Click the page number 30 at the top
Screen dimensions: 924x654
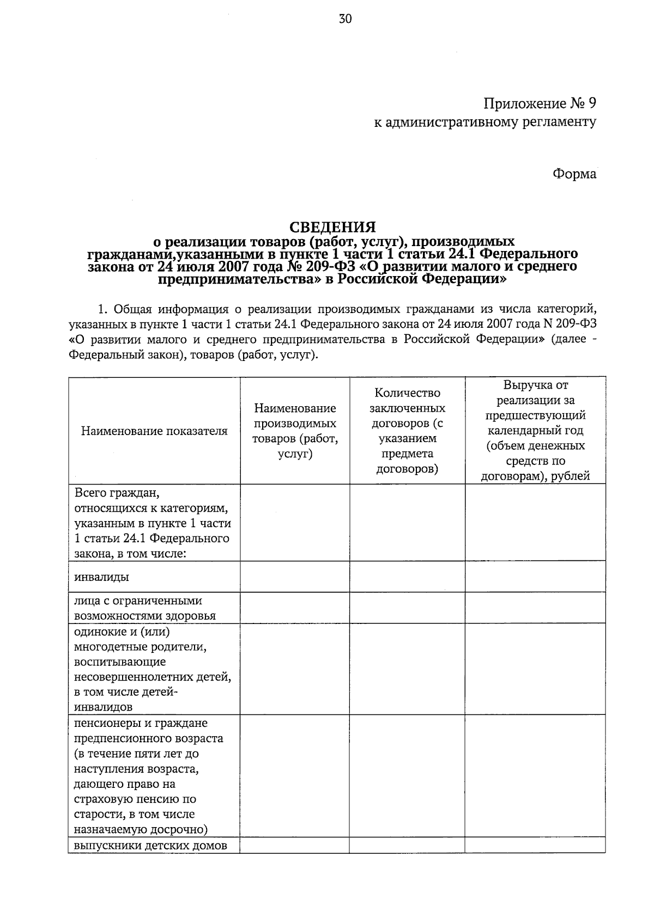tap(346, 19)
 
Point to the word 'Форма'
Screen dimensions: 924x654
tap(574, 174)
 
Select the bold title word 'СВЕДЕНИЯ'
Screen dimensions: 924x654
tap(332, 227)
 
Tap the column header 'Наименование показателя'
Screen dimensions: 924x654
tap(154, 431)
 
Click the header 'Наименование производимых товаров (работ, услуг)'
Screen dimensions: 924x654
tap(295, 431)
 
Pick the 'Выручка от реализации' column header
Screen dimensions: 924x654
tap(535, 431)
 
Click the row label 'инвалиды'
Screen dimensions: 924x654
tap(102, 577)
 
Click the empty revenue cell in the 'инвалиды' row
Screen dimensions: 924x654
tap(535, 577)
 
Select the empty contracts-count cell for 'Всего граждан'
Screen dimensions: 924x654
tap(407, 523)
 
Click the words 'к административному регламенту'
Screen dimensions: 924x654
tap(485, 122)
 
